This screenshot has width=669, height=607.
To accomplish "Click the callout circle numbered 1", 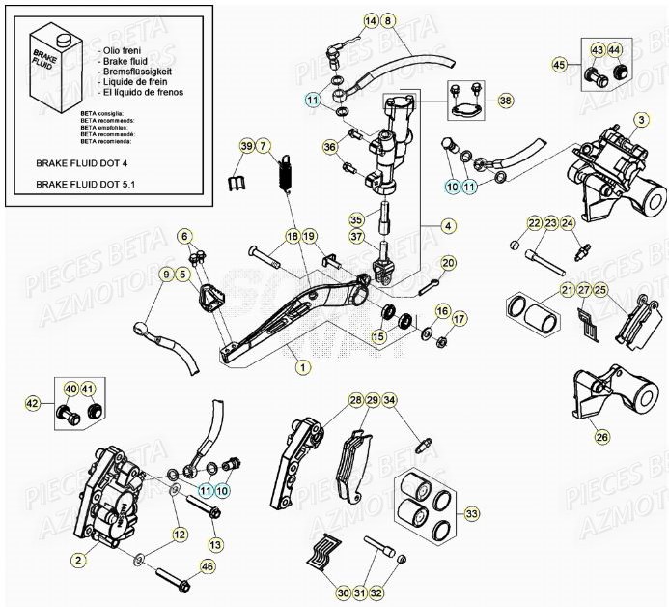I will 303,367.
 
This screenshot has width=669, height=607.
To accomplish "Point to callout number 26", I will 602,437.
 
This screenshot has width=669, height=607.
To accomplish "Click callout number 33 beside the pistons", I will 471,513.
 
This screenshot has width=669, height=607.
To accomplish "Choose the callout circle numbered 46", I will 207,567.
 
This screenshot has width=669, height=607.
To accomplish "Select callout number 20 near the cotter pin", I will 448,263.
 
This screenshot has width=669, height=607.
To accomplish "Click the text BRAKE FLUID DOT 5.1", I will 83,182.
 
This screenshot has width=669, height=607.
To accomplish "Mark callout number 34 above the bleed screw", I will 389,400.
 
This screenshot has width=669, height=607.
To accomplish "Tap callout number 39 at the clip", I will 248,146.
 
